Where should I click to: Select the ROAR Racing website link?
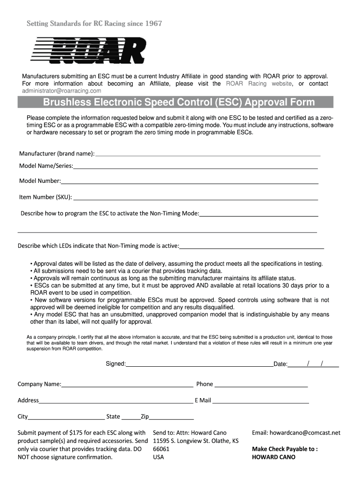(259, 84)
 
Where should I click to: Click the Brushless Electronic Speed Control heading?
(179, 102)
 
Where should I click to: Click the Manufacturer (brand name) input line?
(208, 154)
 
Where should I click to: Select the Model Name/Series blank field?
(195, 167)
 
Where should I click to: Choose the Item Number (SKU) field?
(195, 198)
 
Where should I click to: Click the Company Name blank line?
(127, 385)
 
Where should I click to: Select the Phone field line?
(261, 385)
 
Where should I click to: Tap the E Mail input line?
(260, 401)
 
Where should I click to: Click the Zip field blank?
(171, 417)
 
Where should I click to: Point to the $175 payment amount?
(76, 433)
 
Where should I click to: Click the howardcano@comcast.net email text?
(296, 433)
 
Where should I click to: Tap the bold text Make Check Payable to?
(285, 449)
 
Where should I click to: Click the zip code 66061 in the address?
(161, 449)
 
